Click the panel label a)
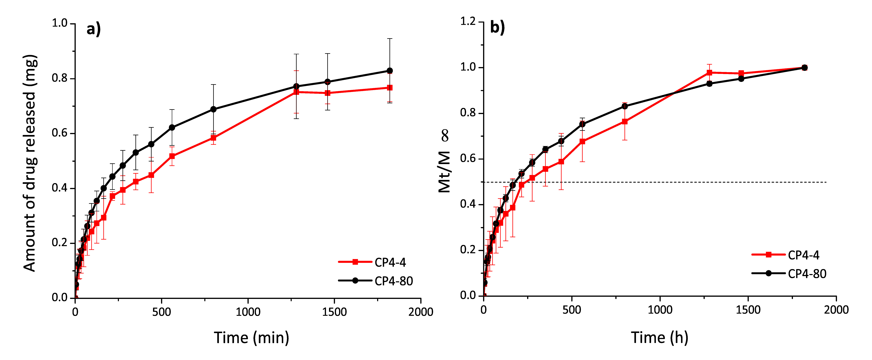(93, 29)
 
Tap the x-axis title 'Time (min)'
(252, 338)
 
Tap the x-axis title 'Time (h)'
(659, 338)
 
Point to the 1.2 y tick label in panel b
(468, 21)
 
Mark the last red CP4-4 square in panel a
(390, 88)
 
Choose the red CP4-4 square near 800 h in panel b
(624, 122)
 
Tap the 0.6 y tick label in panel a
(60, 133)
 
